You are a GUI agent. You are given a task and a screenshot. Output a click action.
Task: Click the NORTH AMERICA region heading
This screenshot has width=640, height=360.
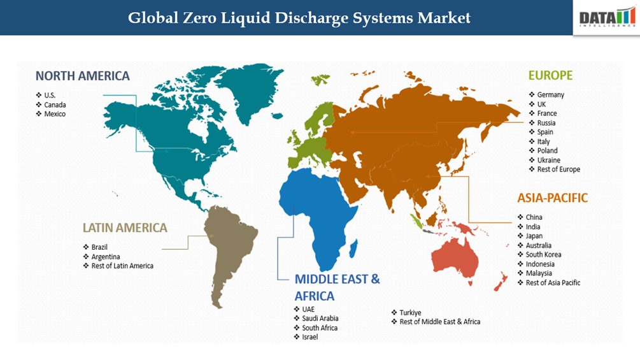point(82,76)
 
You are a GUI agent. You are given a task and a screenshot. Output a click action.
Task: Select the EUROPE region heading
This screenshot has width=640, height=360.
point(550,75)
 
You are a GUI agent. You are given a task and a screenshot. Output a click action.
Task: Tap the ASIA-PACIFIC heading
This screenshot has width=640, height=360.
point(553,198)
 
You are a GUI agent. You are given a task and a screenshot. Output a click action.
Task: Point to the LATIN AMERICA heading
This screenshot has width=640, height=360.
point(125,227)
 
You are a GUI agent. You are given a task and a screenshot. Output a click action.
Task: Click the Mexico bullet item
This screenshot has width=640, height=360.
point(55,114)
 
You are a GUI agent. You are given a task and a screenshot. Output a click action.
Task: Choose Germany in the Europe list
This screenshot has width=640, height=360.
point(550,95)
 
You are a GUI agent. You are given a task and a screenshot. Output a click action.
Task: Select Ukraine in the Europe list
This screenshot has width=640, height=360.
point(550,160)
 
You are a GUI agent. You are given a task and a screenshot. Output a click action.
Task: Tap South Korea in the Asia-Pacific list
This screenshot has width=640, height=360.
point(543,254)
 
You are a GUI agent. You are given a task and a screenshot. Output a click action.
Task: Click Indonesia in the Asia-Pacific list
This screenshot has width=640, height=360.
point(540,264)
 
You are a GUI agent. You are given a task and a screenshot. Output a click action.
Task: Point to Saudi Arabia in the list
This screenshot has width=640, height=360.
point(320,318)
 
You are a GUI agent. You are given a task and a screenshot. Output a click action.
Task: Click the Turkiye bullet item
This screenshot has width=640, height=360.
point(410,312)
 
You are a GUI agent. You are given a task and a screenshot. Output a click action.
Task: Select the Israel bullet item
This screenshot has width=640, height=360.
point(309,337)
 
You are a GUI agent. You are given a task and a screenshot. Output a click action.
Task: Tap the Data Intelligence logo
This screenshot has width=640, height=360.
point(607,18)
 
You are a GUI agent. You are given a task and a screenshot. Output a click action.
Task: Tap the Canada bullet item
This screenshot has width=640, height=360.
point(55,104)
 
